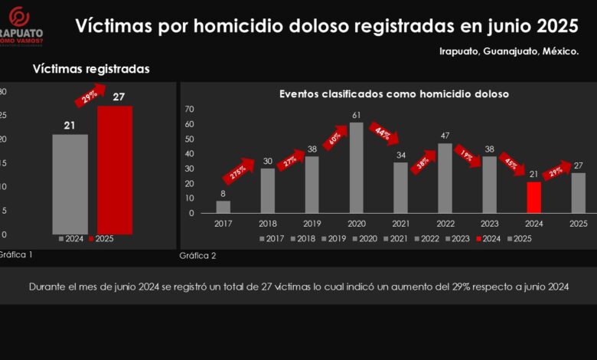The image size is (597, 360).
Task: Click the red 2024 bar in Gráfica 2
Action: (x=534, y=198)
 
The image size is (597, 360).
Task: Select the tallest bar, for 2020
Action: (x=356, y=169)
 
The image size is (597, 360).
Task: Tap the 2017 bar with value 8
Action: (x=223, y=207)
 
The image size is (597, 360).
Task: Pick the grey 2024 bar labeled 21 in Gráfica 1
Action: (x=70, y=184)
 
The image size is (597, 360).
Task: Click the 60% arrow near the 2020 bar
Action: (x=334, y=140)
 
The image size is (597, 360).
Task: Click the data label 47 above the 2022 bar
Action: (x=445, y=136)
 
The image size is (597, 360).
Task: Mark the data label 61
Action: (x=356, y=116)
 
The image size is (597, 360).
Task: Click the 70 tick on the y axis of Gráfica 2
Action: (x=190, y=110)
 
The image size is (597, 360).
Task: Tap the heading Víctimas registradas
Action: (x=90, y=69)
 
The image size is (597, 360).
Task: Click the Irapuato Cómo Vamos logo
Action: (x=21, y=26)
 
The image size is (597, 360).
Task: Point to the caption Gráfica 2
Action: (x=197, y=255)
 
